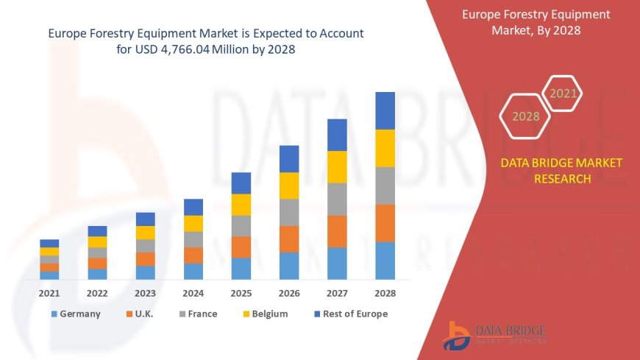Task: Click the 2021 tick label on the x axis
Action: pyautogui.click(x=49, y=293)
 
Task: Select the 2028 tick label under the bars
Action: pyautogui.click(x=385, y=293)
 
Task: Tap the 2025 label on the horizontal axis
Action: pyautogui.click(x=241, y=293)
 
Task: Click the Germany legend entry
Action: pyautogui.click(x=76, y=314)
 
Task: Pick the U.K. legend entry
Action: pyautogui.click(x=143, y=314)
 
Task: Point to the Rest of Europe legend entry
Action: pyautogui.click(x=350, y=314)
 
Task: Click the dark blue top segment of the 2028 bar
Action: pyautogui.click(x=385, y=110)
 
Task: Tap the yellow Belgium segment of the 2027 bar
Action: pyautogui.click(x=337, y=167)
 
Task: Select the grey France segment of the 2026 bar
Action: pyautogui.click(x=289, y=212)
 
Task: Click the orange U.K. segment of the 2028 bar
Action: pyautogui.click(x=385, y=223)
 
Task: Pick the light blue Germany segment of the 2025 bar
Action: pyautogui.click(x=241, y=269)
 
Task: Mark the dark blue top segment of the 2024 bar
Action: pyautogui.click(x=193, y=207)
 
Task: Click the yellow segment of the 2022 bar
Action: pyautogui.click(x=97, y=241)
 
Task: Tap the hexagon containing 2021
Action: pyautogui.click(x=563, y=93)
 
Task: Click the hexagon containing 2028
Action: pyautogui.click(x=526, y=116)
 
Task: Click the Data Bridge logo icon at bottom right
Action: pyautogui.click(x=458, y=336)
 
